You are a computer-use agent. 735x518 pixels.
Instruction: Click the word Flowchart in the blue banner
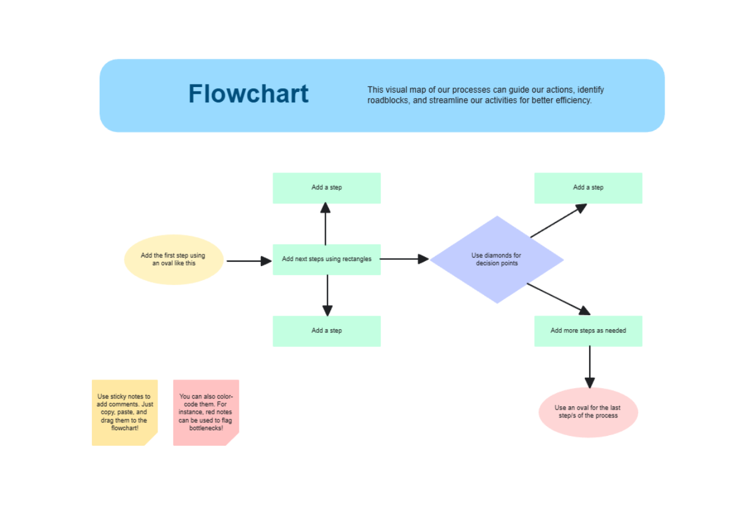pyautogui.click(x=248, y=94)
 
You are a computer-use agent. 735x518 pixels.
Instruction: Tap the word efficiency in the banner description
pyautogui.click(x=572, y=101)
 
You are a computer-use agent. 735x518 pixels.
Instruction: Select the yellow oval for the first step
pyautogui.click(x=173, y=259)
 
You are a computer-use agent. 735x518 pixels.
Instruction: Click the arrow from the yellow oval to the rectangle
pyautogui.click(x=248, y=261)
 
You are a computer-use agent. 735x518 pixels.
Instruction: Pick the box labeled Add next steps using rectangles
pyautogui.click(x=326, y=259)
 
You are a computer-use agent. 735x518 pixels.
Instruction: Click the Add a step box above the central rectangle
pyautogui.click(x=326, y=188)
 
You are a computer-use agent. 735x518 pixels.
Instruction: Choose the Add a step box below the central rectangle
pyautogui.click(x=326, y=331)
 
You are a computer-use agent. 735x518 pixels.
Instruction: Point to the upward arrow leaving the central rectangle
pyautogui.click(x=325, y=224)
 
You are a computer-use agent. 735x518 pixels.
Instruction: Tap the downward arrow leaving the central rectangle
pyautogui.click(x=328, y=295)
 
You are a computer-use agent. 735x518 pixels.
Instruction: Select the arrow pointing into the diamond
pyautogui.click(x=404, y=259)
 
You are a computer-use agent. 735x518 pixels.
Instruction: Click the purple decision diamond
pyautogui.click(x=497, y=259)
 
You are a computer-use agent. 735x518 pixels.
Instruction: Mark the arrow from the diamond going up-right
pyautogui.click(x=558, y=221)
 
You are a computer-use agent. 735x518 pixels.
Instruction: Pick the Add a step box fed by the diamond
pyautogui.click(x=588, y=188)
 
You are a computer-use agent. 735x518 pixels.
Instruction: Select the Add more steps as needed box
pyautogui.click(x=588, y=331)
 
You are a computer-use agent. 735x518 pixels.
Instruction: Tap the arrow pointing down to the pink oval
pyautogui.click(x=590, y=367)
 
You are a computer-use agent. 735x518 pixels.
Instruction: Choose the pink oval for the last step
pyautogui.click(x=588, y=412)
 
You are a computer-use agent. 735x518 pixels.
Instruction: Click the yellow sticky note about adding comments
pyautogui.click(x=124, y=412)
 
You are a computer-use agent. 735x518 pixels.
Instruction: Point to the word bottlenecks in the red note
pyautogui.click(x=206, y=427)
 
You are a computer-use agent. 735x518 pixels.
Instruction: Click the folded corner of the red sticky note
pyautogui.click(x=233, y=440)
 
